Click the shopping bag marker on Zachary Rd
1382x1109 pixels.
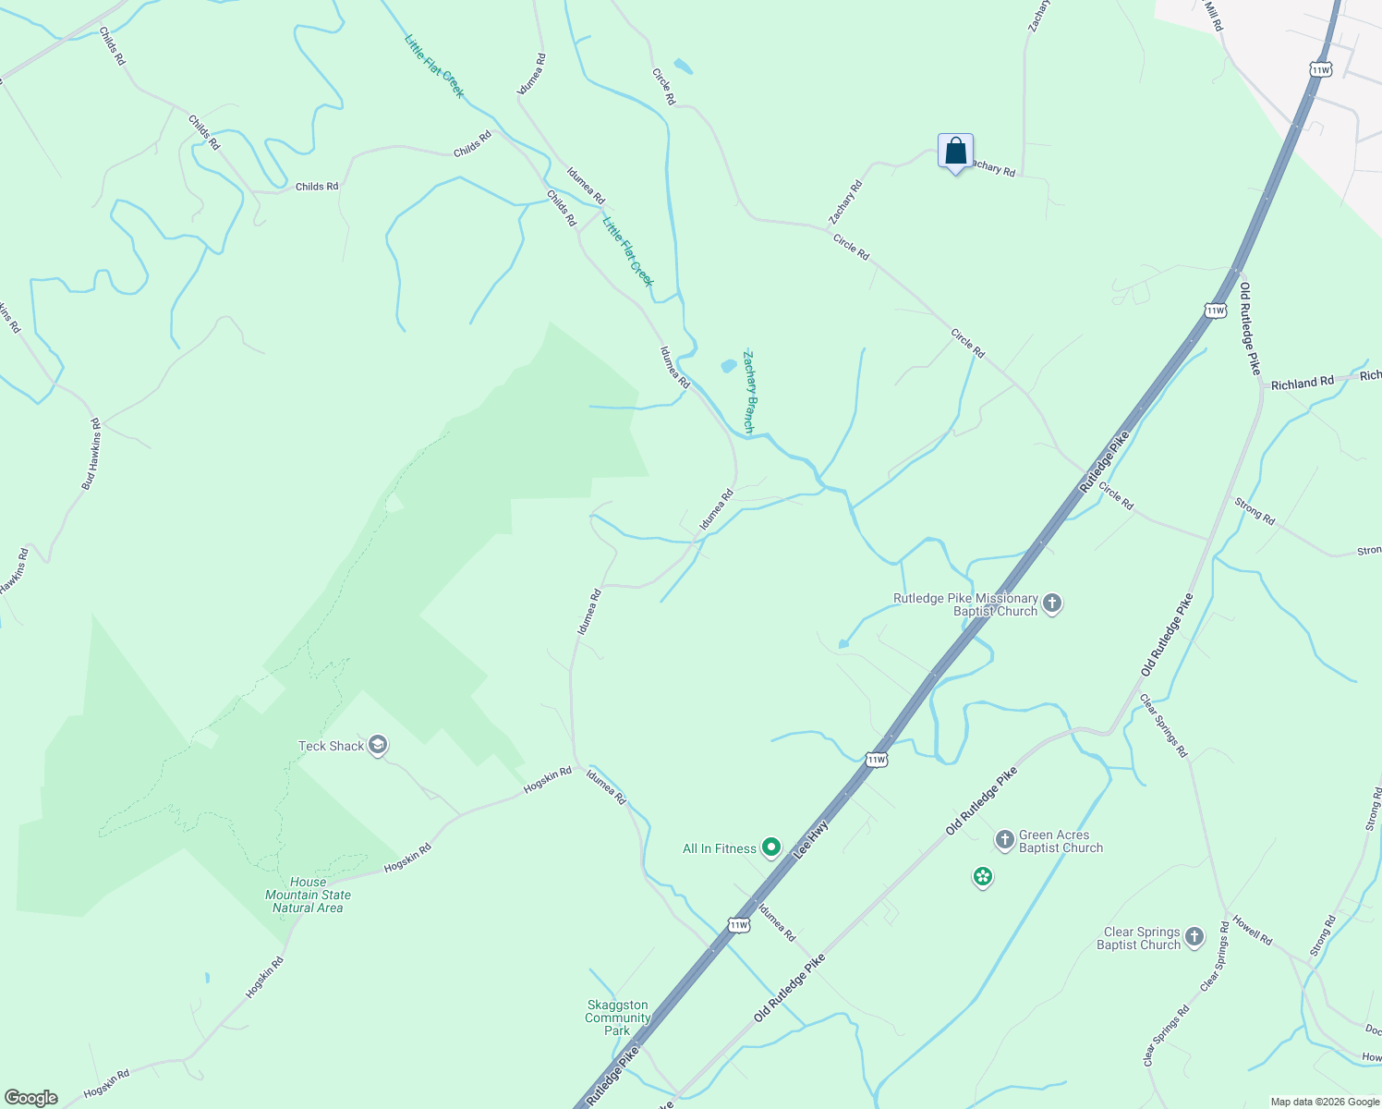(955, 152)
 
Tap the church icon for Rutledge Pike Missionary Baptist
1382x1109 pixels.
(1052, 604)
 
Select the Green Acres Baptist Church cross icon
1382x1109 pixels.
(1004, 840)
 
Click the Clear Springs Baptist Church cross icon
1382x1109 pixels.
(1194, 938)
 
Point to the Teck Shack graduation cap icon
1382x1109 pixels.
(377, 746)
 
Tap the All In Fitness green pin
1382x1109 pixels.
(771, 847)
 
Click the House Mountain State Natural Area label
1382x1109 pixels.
(308, 895)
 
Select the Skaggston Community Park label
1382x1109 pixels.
(618, 1018)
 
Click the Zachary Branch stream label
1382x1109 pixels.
(750, 392)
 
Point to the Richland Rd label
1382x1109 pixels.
(1302, 383)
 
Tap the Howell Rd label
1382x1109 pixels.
(1252, 933)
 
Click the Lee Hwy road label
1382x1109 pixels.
(811, 841)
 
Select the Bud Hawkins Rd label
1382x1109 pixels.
(91, 454)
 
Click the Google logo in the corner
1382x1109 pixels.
(31, 1098)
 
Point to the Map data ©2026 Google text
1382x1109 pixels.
(1324, 1102)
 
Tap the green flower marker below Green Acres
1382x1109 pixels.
(983, 876)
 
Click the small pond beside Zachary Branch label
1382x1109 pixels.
(729, 366)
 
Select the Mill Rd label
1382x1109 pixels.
(1214, 17)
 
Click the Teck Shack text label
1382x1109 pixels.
(331, 746)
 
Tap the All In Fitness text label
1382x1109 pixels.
(719, 848)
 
